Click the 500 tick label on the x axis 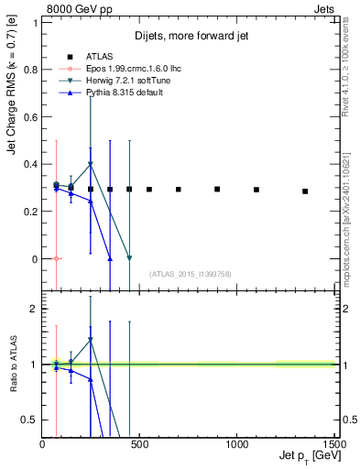click(x=139, y=443)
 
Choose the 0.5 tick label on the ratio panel click(x=30, y=420)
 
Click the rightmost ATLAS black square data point click(x=305, y=191)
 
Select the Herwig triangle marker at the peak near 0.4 click(x=90, y=165)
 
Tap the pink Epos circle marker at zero click(x=57, y=259)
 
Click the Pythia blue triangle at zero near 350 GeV click(x=110, y=259)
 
